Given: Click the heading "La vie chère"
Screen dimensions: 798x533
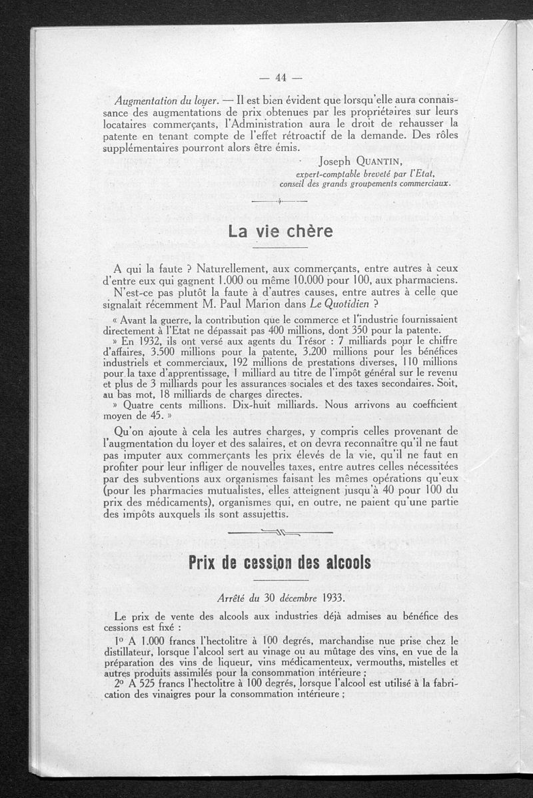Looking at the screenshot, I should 280,232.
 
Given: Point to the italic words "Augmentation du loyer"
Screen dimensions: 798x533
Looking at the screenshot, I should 167,101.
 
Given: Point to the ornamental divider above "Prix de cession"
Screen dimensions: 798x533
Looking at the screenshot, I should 280,532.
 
